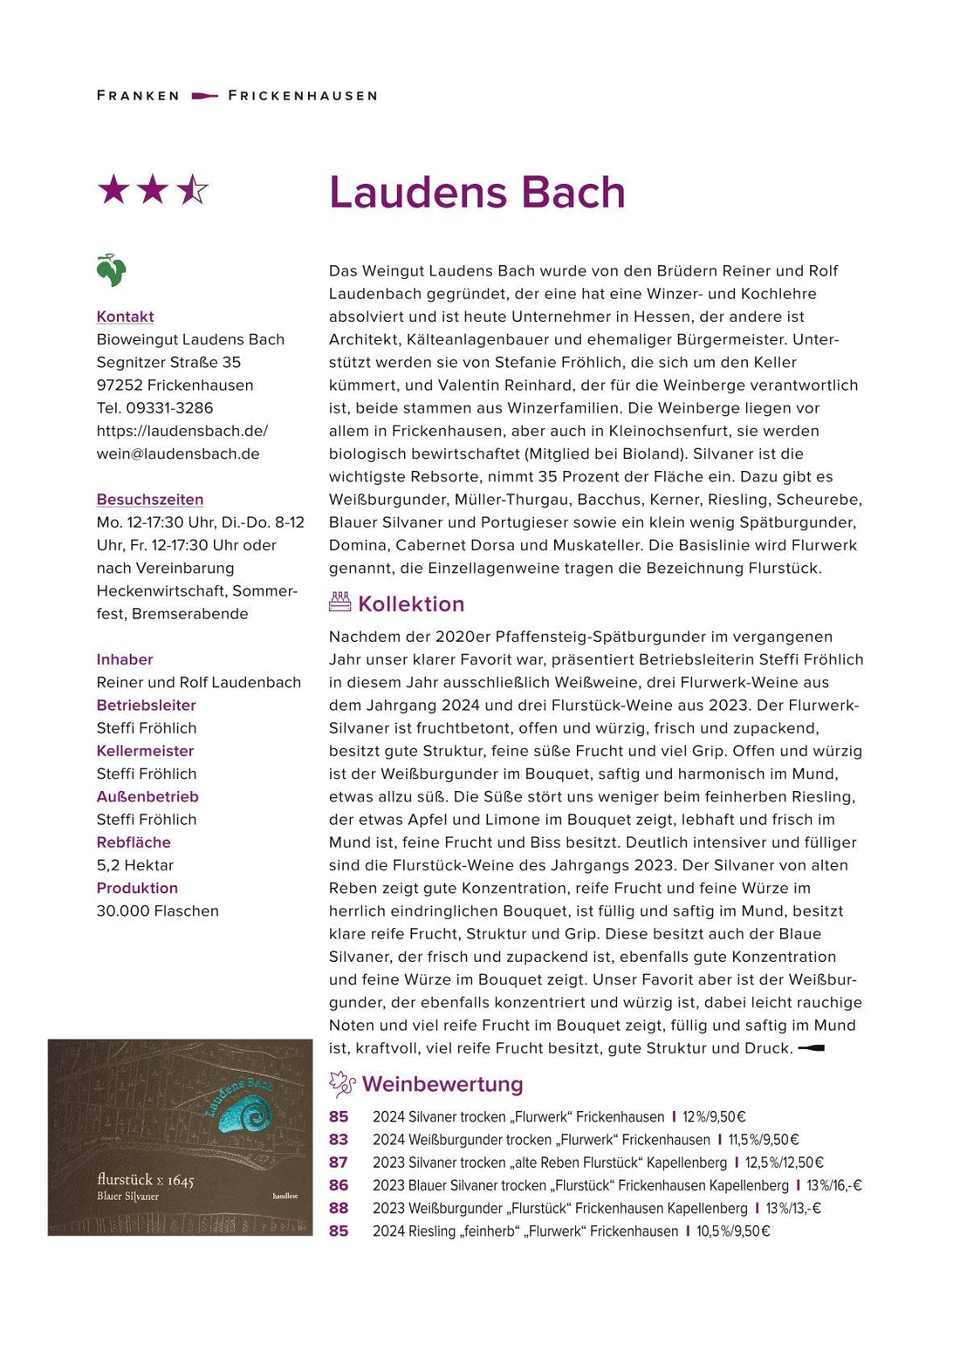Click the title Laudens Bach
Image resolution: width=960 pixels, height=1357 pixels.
(x=477, y=193)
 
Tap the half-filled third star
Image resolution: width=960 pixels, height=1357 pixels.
(x=192, y=189)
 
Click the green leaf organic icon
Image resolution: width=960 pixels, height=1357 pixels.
(x=111, y=270)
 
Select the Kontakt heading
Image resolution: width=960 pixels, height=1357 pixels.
(x=125, y=317)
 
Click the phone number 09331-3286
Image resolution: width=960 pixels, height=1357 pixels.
(x=169, y=407)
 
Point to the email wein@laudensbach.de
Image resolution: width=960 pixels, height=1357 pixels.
(x=178, y=453)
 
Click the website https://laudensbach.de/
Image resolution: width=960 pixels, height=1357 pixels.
(x=182, y=431)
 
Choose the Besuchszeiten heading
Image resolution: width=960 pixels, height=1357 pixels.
(x=150, y=500)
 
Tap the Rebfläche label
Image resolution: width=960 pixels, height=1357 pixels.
(x=134, y=842)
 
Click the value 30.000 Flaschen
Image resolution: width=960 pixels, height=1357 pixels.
(x=158, y=910)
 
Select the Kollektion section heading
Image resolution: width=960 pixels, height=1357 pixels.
(x=411, y=603)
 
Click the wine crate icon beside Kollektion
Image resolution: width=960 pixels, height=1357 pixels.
(x=339, y=602)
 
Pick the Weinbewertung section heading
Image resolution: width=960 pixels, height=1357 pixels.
(x=442, y=1084)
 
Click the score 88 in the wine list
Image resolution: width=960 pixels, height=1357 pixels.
(x=339, y=1208)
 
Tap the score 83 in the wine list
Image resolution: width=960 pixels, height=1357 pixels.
(x=339, y=1140)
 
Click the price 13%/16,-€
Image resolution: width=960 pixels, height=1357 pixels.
(x=833, y=1185)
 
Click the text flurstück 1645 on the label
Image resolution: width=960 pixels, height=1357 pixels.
(x=146, y=1180)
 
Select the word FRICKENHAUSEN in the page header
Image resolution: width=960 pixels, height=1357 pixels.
(x=303, y=96)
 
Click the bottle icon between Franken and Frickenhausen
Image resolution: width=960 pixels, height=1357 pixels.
(x=204, y=96)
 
